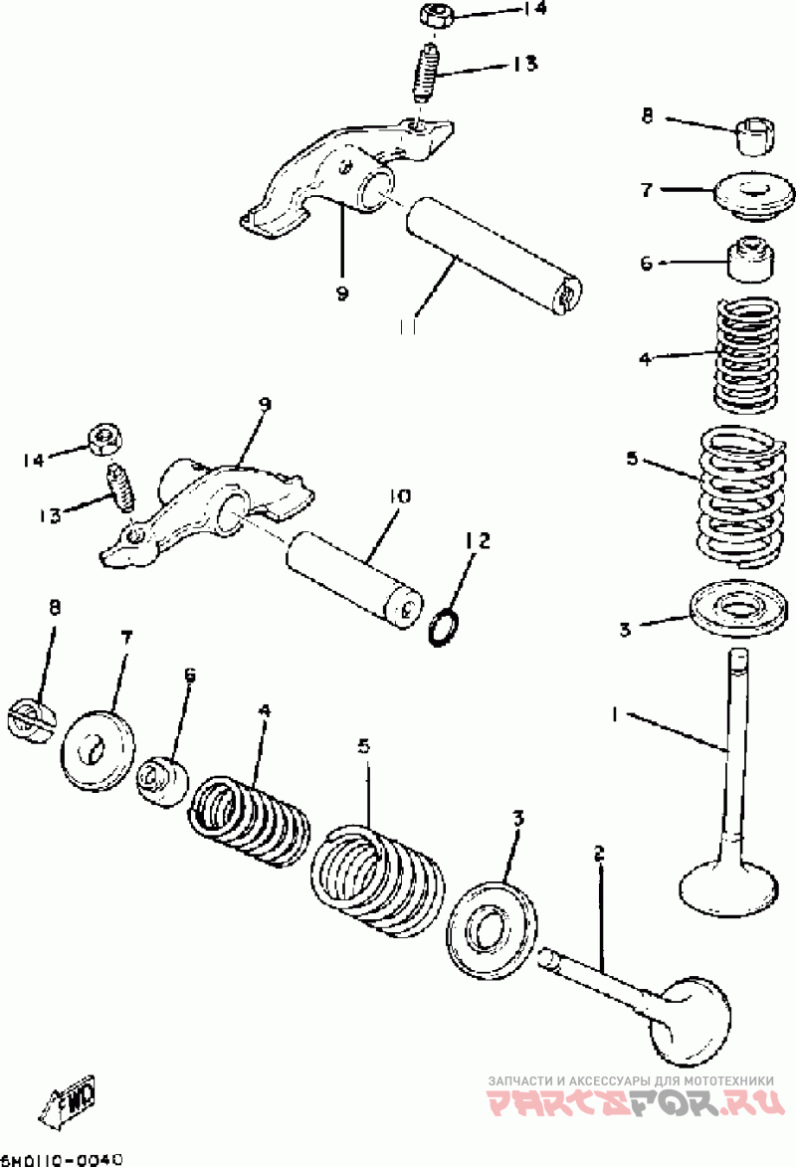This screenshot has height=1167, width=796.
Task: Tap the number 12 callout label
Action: tap(478, 540)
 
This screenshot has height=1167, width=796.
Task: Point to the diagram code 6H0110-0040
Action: tap(62, 1159)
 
